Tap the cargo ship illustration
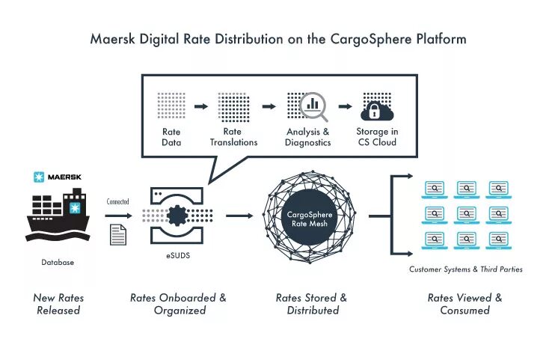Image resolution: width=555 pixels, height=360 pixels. [x=58, y=216]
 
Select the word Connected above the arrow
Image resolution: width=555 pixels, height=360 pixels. [x=118, y=201]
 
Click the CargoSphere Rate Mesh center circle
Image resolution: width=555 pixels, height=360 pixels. [x=314, y=217]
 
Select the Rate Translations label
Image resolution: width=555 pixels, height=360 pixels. [x=233, y=137]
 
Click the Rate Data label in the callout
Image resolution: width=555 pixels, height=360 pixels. [x=171, y=137]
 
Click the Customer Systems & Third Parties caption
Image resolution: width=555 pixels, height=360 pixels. [x=465, y=269]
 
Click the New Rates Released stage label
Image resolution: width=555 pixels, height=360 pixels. [x=58, y=304]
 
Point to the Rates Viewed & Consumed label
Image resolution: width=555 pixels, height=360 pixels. [x=465, y=304]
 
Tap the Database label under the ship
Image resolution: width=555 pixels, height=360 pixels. [x=58, y=263]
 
